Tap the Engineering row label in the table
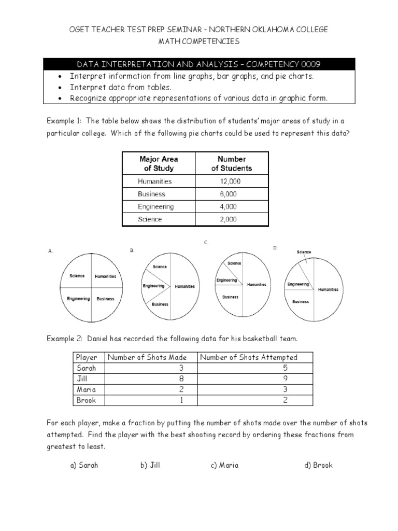155,206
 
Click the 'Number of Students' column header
231,163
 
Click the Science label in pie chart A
77,276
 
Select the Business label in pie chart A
105,299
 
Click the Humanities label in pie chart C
257,284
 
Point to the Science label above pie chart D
304,252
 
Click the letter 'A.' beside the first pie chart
50,251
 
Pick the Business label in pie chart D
301,301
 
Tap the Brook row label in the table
83,400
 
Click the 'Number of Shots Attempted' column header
249,357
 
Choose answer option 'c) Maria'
224,465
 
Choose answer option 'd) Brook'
318,465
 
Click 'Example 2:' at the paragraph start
65,339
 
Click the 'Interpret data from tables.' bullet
120,88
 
